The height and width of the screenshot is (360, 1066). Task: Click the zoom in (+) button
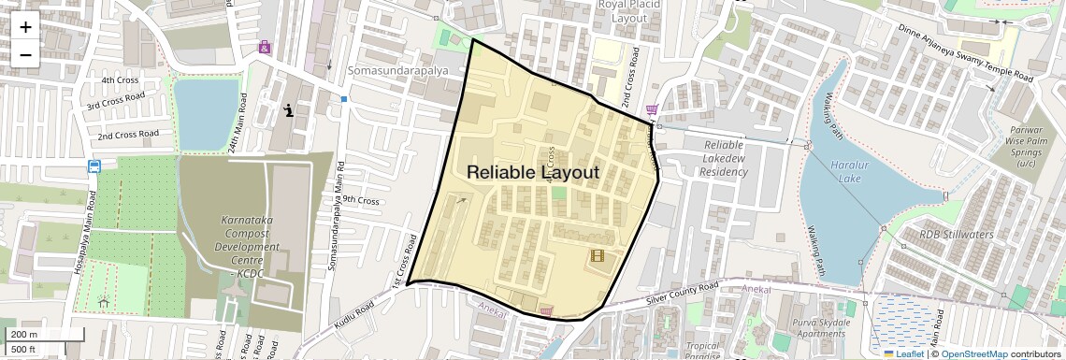25,27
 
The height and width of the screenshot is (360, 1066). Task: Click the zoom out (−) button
25,53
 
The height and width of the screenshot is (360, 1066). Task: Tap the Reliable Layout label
532,172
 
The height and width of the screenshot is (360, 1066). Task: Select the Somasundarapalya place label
397,71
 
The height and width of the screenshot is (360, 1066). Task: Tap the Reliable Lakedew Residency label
723,158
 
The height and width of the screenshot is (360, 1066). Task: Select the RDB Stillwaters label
956,235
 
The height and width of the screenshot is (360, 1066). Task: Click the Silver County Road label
683,292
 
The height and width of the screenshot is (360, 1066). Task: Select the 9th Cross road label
360,201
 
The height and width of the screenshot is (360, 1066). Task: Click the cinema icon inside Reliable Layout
597,255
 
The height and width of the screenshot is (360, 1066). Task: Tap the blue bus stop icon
94,166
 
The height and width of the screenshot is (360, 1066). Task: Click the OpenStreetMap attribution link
973,353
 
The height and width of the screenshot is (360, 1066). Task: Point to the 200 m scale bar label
24,335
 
